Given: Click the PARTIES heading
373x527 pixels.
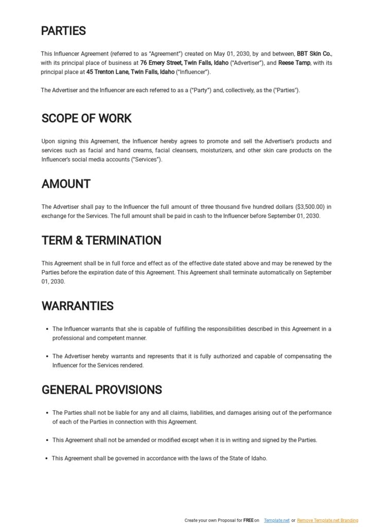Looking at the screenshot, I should pyautogui.click(x=63, y=31).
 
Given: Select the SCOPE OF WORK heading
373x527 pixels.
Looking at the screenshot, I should pyautogui.click(x=86, y=118).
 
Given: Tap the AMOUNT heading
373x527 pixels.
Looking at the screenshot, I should pyautogui.click(x=66, y=184).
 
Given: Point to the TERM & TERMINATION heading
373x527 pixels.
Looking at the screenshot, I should pyautogui.click(x=101, y=240).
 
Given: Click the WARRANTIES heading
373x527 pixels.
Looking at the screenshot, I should pyautogui.click(x=77, y=306).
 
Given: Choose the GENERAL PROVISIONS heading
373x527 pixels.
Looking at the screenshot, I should pyautogui.click(x=101, y=390).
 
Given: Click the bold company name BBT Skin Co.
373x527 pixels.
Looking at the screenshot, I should pyautogui.click(x=314, y=54).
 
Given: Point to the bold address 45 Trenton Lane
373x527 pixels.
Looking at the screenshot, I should pyautogui.click(x=108, y=72).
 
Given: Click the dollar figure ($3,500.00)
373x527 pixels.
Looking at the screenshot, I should pyautogui.click(x=311, y=207).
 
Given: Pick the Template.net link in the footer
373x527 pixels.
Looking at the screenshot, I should pyautogui.click(x=276, y=520).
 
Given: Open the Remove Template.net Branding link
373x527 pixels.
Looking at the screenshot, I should pyautogui.click(x=327, y=520).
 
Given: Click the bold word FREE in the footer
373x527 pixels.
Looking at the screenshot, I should pyautogui.click(x=248, y=520).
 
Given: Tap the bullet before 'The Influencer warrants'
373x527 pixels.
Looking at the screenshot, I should pyautogui.click(x=47, y=329).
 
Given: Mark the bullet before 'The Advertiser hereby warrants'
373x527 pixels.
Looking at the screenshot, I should pyautogui.click(x=47, y=356).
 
